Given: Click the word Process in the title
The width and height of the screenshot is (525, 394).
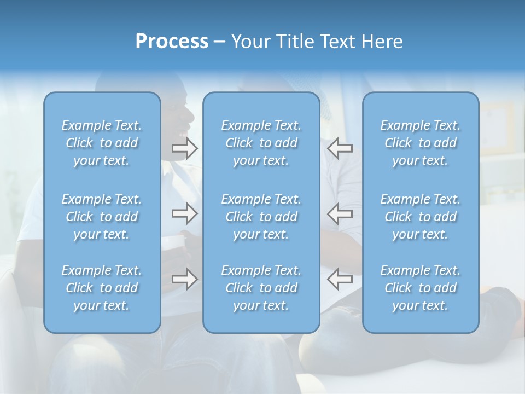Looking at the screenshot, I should (x=172, y=42).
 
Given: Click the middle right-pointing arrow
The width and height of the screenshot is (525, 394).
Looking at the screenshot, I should (x=185, y=213).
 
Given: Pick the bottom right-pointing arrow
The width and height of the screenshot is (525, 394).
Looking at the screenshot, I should (x=185, y=279).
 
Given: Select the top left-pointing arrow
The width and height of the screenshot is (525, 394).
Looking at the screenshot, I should (x=340, y=148).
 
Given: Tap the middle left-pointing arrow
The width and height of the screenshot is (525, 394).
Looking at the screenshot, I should (x=340, y=213).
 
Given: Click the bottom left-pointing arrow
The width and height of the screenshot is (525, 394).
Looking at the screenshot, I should (x=340, y=279).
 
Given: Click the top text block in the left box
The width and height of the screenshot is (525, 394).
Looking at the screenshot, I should (x=102, y=143).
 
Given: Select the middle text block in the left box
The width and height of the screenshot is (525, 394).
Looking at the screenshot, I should (x=102, y=217).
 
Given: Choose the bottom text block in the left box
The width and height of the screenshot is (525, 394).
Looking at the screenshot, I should (x=102, y=288).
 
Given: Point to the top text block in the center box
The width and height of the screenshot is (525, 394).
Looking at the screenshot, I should (x=261, y=143).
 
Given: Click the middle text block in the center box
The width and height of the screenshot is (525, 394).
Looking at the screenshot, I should (x=261, y=217).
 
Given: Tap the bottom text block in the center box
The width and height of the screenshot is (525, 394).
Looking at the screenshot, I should (x=261, y=288).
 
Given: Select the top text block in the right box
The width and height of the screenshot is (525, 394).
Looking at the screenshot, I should (x=420, y=143).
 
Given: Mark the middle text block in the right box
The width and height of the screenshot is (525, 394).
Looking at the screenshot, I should (x=420, y=217).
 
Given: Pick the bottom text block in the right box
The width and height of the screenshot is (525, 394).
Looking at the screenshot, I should (x=420, y=288).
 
